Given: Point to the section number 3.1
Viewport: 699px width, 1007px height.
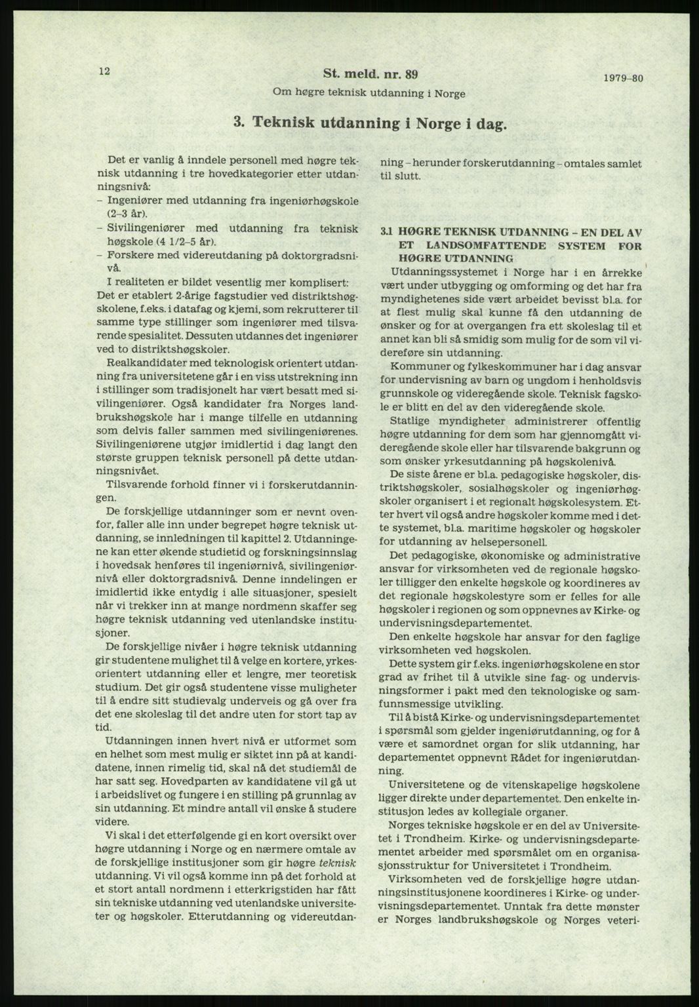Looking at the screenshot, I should pyautogui.click(x=386, y=233).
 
